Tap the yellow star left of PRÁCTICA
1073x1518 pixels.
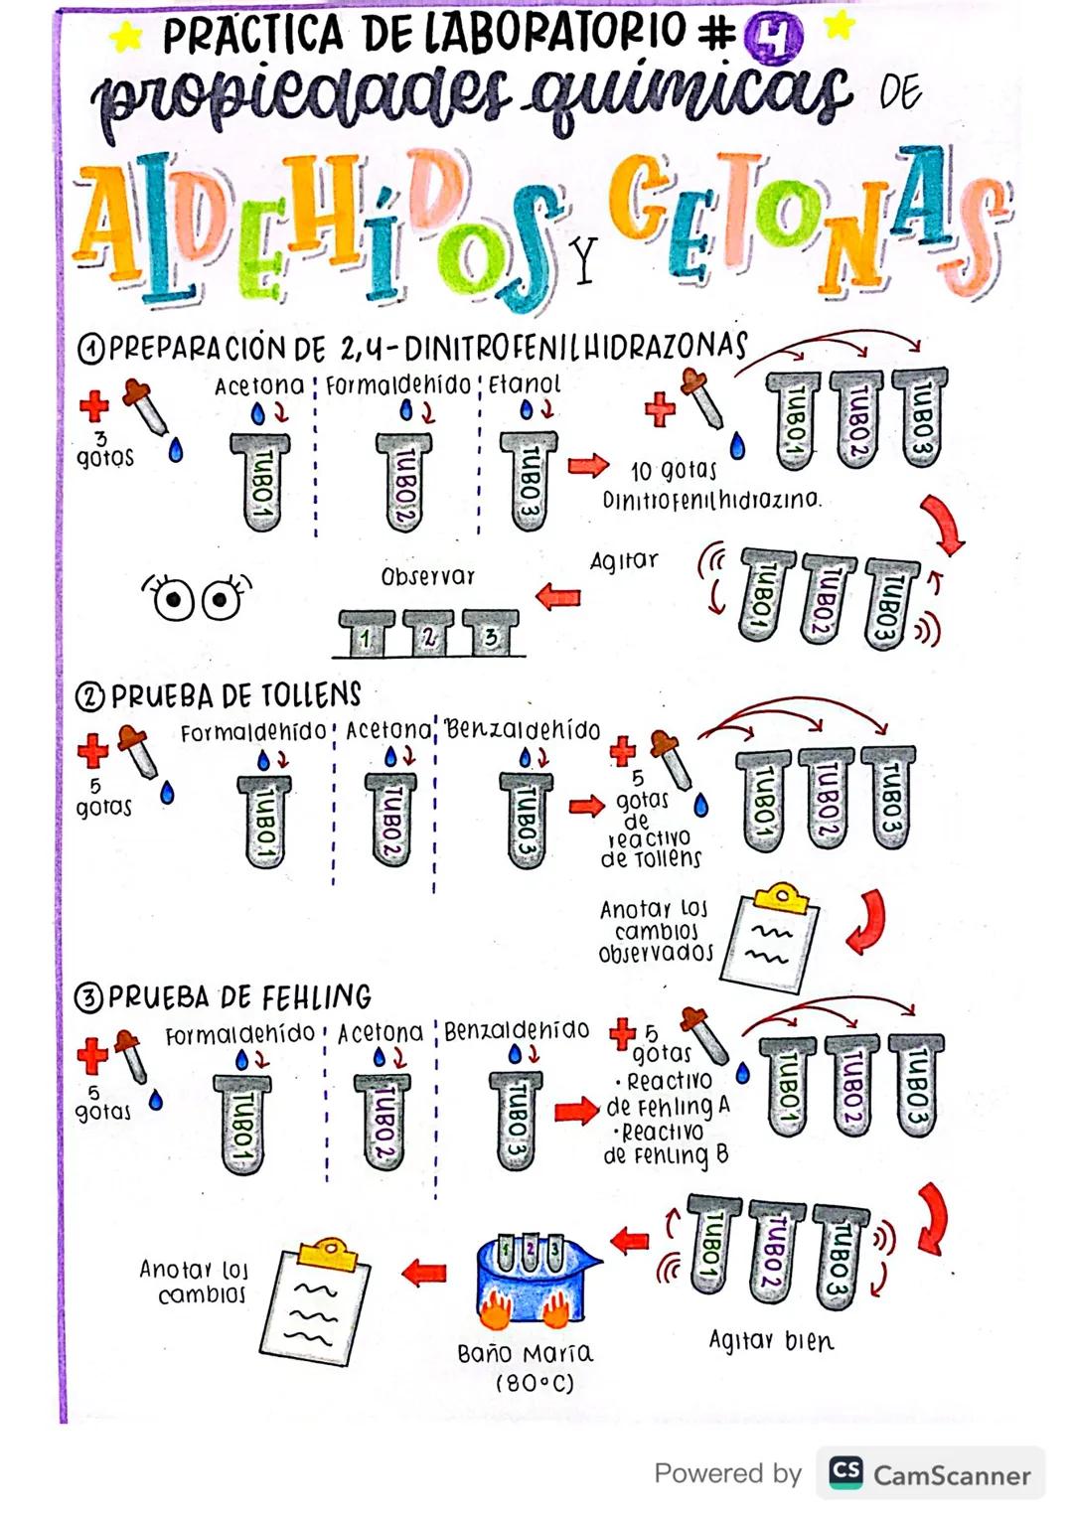(126, 37)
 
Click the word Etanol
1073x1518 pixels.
(525, 383)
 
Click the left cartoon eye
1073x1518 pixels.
(173, 599)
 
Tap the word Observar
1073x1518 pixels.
(428, 576)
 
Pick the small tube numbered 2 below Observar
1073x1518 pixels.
(428, 635)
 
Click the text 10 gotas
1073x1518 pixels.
(673, 470)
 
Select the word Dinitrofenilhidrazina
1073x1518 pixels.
(711, 499)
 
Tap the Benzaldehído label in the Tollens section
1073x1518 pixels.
(523, 730)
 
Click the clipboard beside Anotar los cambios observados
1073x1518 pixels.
(774, 936)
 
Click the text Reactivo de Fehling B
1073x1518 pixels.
(666, 1143)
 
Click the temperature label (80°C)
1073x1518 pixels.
(535, 1383)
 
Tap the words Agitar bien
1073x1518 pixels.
(771, 1340)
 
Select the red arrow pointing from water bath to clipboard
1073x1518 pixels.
(424, 1272)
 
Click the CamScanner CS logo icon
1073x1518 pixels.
(845, 1472)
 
